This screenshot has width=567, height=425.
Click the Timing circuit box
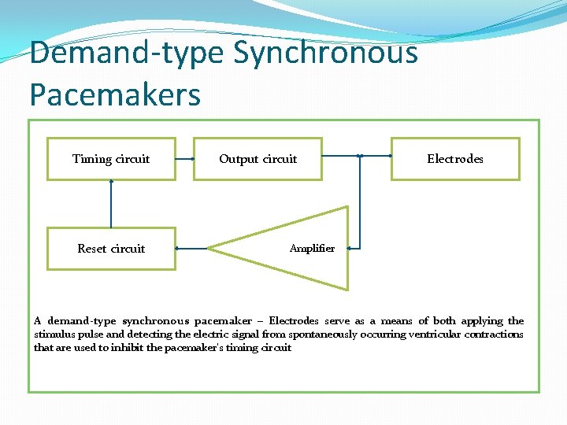click(111, 159)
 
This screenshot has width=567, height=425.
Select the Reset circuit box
click(111, 249)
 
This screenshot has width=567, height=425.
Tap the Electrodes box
click(455, 159)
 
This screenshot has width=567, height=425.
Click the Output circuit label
click(258, 159)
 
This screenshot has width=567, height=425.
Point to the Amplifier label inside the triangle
click(312, 249)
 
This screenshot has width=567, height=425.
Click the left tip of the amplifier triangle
click(210, 248)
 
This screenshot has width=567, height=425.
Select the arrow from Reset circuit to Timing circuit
click(111, 204)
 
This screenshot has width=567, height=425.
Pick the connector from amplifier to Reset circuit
click(191, 248)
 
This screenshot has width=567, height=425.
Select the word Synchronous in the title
click(324, 54)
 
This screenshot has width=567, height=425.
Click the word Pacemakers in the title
click(115, 94)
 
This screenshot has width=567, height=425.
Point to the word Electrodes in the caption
click(294, 321)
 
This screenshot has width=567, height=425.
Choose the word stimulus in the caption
click(53, 334)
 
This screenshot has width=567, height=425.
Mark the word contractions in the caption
click(494, 334)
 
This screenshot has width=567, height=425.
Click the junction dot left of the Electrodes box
click(359, 156)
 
